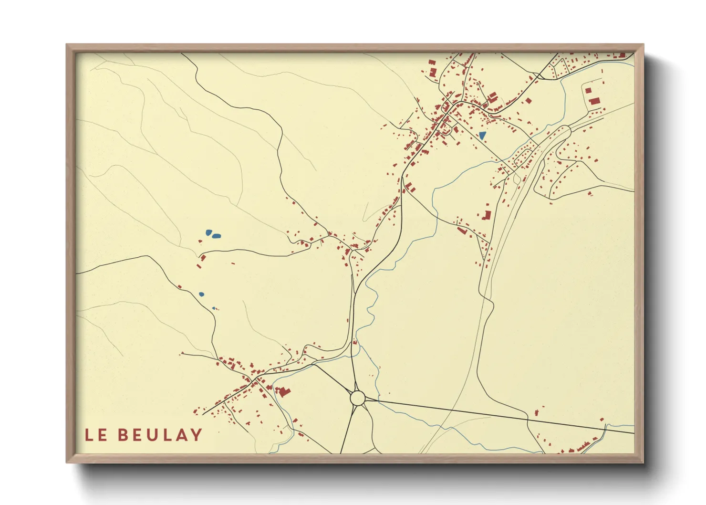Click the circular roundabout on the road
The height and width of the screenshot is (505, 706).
click(357, 397)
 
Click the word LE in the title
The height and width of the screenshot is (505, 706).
click(96, 435)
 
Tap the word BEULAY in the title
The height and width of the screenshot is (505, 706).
click(160, 435)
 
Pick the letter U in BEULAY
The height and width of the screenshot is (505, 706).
click(152, 435)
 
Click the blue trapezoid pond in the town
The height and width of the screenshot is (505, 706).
click(482, 136)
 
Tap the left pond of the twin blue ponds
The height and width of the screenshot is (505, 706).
click(208, 232)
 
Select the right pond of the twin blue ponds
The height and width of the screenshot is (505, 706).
click(217, 235)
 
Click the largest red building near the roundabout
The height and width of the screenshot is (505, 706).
click(283, 392)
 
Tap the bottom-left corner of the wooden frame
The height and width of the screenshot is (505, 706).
click(67, 462)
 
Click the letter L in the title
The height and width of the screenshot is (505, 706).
click(89, 435)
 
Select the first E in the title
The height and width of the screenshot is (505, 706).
click(102, 435)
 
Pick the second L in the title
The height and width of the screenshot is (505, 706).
click(167, 435)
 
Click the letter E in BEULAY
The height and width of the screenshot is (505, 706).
click(137, 435)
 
